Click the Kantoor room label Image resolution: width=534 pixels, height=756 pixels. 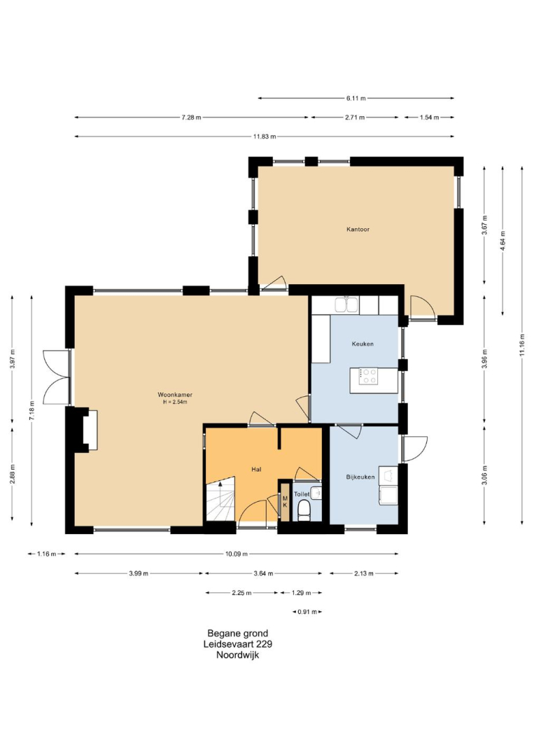(358, 230)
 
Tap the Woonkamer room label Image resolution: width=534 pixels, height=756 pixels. (175, 395)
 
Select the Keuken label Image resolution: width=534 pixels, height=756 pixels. (363, 344)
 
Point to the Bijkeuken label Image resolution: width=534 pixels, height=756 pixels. (360, 477)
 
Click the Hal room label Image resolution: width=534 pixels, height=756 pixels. (256, 469)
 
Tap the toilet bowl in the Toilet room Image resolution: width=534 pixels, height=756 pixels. (304, 510)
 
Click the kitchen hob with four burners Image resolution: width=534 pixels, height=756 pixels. (369, 376)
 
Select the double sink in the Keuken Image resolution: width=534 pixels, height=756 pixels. (346, 305)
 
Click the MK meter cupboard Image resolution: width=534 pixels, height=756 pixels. (285, 501)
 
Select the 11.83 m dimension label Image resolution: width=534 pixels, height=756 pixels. (265, 136)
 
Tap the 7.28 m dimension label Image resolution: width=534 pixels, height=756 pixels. (191, 117)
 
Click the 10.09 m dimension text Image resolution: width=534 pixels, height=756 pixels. (236, 554)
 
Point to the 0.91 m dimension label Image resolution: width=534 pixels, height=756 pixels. (307, 612)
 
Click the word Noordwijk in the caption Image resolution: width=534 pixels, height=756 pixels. (237, 654)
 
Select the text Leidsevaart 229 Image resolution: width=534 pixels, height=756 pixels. (237, 644)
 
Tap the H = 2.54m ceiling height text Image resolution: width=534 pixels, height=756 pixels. (175, 402)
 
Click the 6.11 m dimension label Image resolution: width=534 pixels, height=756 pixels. (356, 99)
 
